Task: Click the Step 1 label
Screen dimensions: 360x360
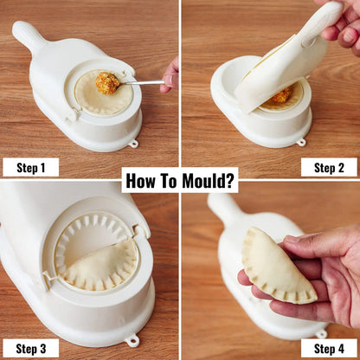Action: click(x=30, y=167)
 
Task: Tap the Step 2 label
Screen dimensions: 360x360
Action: click(x=329, y=167)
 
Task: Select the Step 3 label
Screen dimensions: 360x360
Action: click(x=30, y=349)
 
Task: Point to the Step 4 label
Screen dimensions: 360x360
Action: click(x=329, y=349)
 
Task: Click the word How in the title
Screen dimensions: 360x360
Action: click(x=143, y=180)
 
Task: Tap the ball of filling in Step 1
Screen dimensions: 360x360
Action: click(x=107, y=84)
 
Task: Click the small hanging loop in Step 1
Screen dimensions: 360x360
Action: click(x=132, y=143)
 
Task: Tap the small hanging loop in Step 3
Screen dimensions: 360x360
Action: click(x=132, y=340)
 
